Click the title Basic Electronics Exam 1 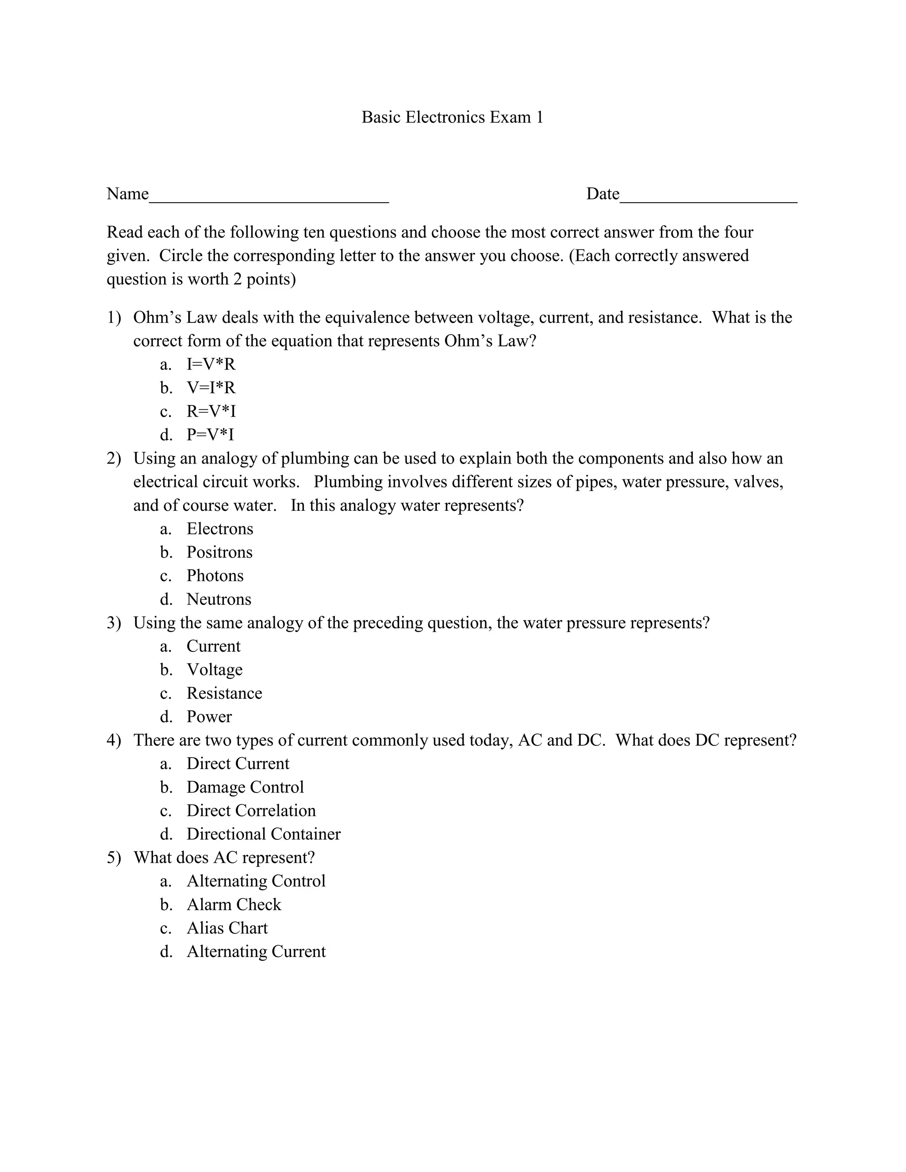[452, 117]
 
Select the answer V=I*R [211, 387]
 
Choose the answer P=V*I [211, 434]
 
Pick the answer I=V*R [211, 364]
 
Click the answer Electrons [219, 529]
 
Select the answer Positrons [219, 552]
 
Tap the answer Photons [215, 575]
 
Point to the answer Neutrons [219, 599]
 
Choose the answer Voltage [214, 669]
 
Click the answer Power [209, 716]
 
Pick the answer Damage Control [245, 787]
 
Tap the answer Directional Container [263, 834]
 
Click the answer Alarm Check [234, 904]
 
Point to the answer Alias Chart [226, 928]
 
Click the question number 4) [114, 740]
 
